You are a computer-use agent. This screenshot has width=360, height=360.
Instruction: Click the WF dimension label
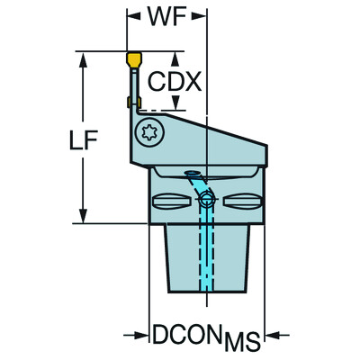pyautogui.click(x=166, y=17)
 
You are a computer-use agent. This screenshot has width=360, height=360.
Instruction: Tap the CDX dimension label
pyautogui.click(x=171, y=83)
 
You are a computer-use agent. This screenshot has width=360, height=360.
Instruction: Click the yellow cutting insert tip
pyautogui.click(x=132, y=59)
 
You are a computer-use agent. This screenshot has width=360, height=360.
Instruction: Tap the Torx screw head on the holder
pyautogui.click(x=151, y=135)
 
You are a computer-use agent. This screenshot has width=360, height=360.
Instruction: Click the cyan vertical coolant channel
pyautogui.click(x=210, y=252)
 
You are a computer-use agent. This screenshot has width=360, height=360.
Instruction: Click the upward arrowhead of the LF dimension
pyautogui.click(x=85, y=58)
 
